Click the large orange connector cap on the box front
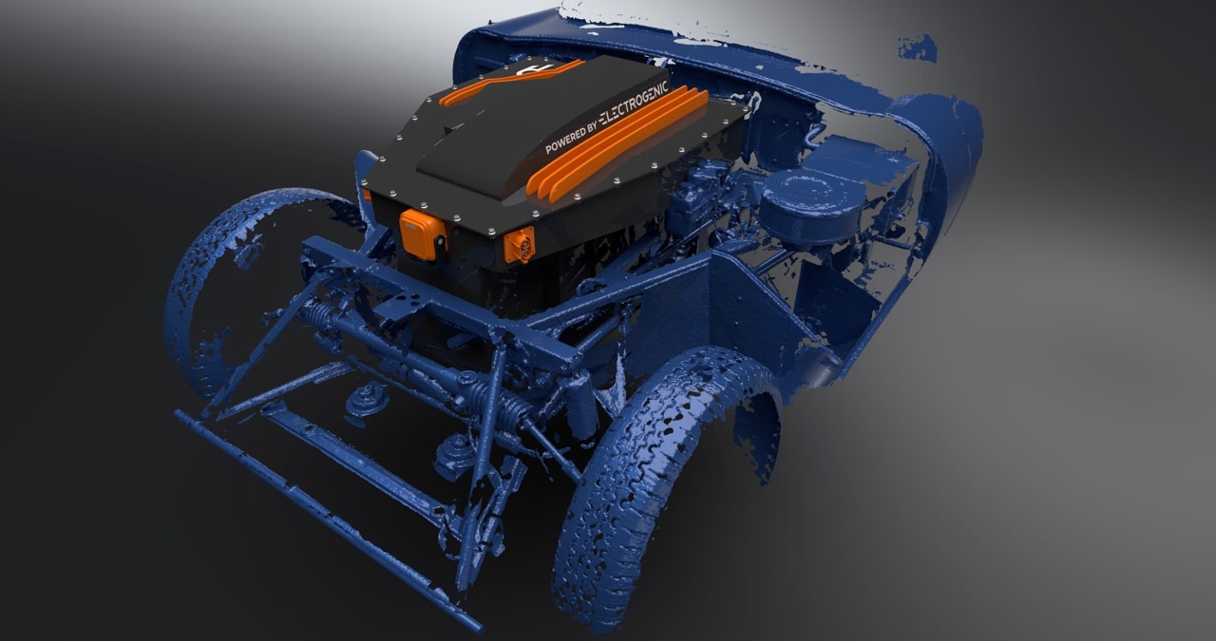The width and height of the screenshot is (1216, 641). pyautogui.click(x=422, y=233)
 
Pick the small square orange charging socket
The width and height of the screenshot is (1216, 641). pyautogui.click(x=520, y=244)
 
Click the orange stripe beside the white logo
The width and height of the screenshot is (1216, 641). pyautogui.click(x=503, y=84)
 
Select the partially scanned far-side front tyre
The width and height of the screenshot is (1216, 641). pyautogui.click(x=228, y=285)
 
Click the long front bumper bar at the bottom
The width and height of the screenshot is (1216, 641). pyautogui.click(x=323, y=518)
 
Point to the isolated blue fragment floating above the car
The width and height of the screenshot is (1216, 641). pyautogui.click(x=918, y=47)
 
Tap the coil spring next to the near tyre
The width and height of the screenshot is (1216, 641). pyautogui.click(x=513, y=408)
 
